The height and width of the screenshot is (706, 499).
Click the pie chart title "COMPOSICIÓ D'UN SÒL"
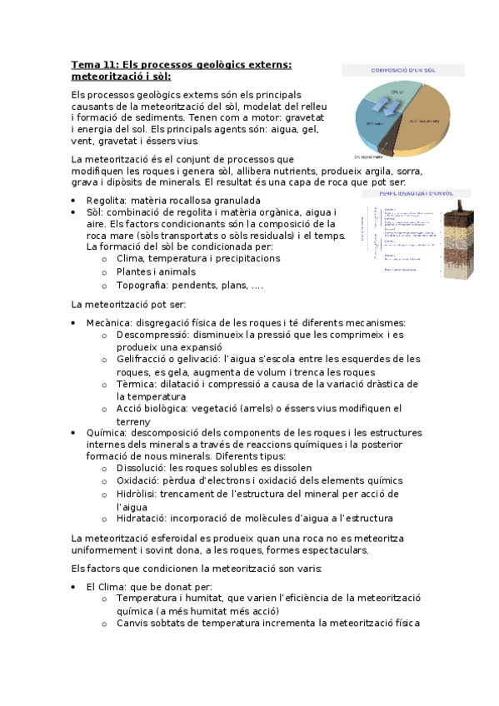[x=402, y=69]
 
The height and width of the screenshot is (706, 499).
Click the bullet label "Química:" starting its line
[x=106, y=433]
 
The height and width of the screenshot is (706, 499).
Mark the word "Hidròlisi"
[x=141, y=494]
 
